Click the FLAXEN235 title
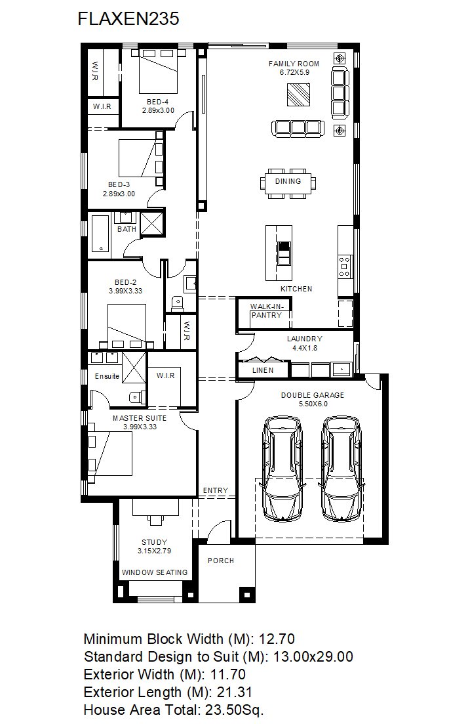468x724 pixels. pyautogui.click(x=128, y=19)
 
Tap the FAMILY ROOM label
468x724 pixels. pyautogui.click(x=294, y=64)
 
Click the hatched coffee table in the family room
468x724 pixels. pyautogui.click(x=298, y=95)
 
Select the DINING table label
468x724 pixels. pyautogui.click(x=288, y=181)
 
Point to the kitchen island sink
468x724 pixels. pyautogui.click(x=284, y=253)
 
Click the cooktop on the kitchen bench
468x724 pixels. pyautogui.click(x=344, y=266)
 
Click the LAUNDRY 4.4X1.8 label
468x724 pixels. pyautogui.click(x=304, y=343)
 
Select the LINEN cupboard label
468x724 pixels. pyautogui.click(x=263, y=370)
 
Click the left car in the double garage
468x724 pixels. pyautogui.click(x=283, y=469)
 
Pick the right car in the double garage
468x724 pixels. pyautogui.click(x=341, y=469)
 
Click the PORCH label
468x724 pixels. pyautogui.click(x=221, y=561)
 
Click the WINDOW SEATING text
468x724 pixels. pyautogui.click(x=155, y=572)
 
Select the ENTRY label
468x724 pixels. pyautogui.click(x=216, y=490)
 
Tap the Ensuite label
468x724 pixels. pyautogui.click(x=107, y=376)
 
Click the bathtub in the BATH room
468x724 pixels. pyautogui.click(x=100, y=234)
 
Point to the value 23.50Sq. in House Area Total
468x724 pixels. pyautogui.click(x=234, y=710)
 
